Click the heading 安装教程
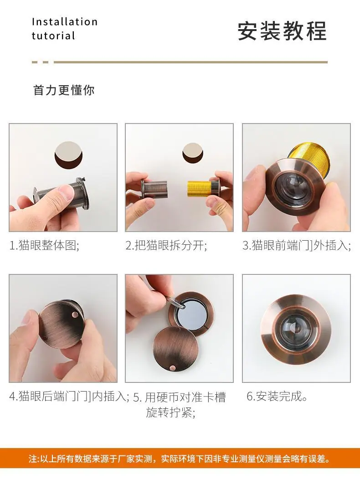coord(282,31)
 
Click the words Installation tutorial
coord(65,29)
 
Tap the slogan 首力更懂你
coord(64,90)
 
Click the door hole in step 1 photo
coord(68,154)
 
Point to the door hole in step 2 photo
coord(193,153)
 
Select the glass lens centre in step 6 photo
coord(296,328)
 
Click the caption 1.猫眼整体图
coord(44,246)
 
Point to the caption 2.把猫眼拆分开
coord(166,246)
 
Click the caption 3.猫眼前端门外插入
coord(296,246)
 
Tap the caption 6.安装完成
coord(277,397)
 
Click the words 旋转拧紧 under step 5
coord(170,413)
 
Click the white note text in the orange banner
coord(180,459)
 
